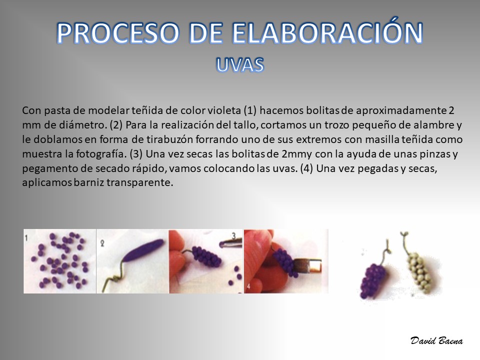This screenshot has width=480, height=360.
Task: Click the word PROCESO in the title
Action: [118, 33]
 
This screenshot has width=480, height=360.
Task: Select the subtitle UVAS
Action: [239, 64]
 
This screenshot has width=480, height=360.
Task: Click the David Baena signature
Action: [436, 340]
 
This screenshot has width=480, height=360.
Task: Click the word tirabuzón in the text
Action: [169, 139]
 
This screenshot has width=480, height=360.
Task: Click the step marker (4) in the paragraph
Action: [306, 168]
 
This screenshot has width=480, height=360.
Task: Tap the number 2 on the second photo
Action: [102, 243]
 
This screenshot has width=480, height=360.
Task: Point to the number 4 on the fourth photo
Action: [248, 286]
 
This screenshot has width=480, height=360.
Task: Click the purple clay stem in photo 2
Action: [143, 250]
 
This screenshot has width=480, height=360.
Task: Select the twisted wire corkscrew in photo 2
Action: [115, 275]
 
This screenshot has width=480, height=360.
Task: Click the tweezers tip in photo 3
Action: [222, 244]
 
